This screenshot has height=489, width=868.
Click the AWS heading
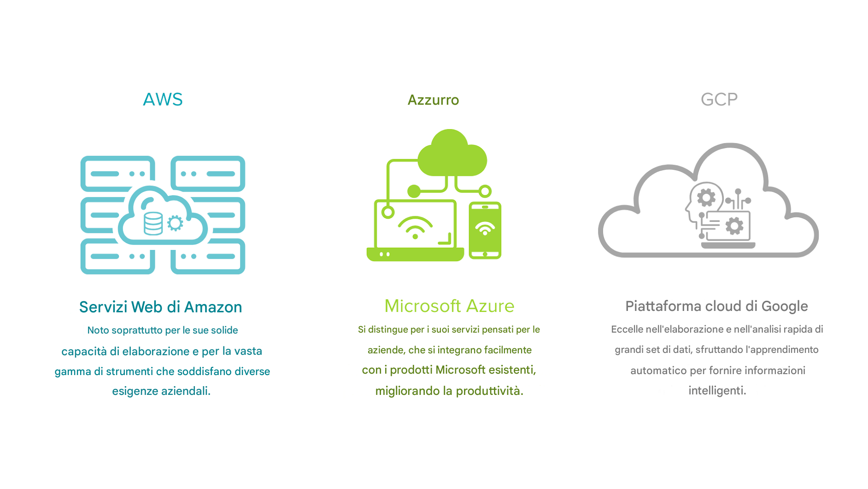coord(163,100)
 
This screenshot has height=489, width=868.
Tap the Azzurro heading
coord(433,100)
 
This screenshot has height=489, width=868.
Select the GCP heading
coord(719,100)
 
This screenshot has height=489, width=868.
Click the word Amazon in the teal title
coord(213,307)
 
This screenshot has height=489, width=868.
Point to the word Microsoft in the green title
coord(422,306)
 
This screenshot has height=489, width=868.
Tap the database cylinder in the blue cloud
coord(153,223)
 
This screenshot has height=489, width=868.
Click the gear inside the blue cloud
coord(175,223)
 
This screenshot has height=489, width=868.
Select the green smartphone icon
coord(485,230)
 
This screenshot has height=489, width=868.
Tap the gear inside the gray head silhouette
coord(706,197)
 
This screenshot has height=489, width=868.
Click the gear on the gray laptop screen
coord(734,226)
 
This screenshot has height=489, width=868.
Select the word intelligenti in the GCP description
coord(717,391)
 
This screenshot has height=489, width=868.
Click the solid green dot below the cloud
coord(414,191)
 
